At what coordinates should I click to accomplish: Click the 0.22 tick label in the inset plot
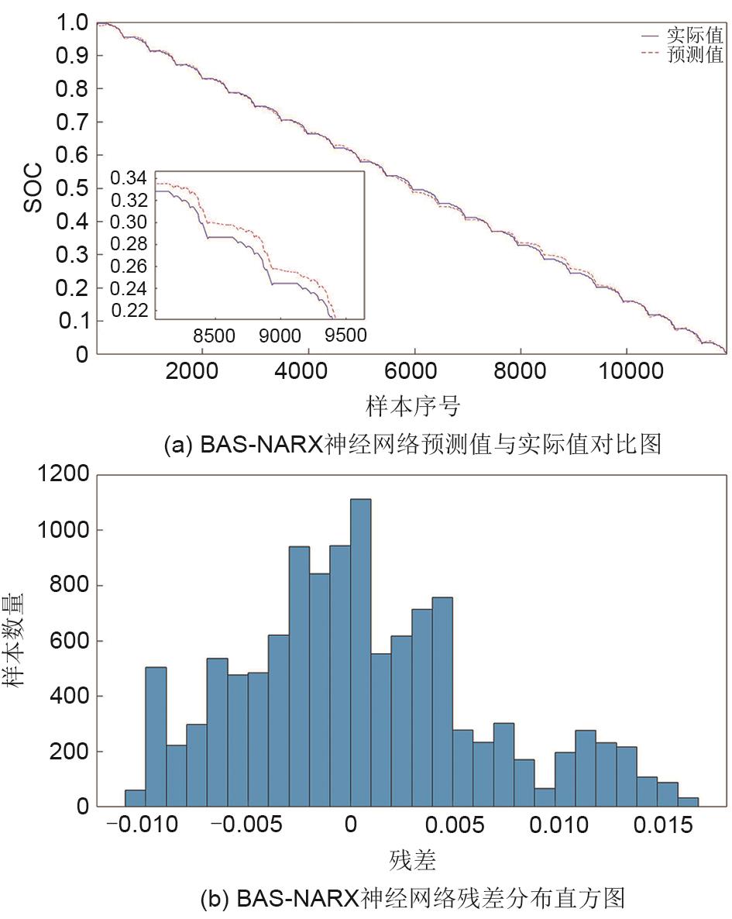pos(130,311)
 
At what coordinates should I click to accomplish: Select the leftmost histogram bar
pos(135,798)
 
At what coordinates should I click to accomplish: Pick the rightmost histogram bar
pos(688,802)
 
